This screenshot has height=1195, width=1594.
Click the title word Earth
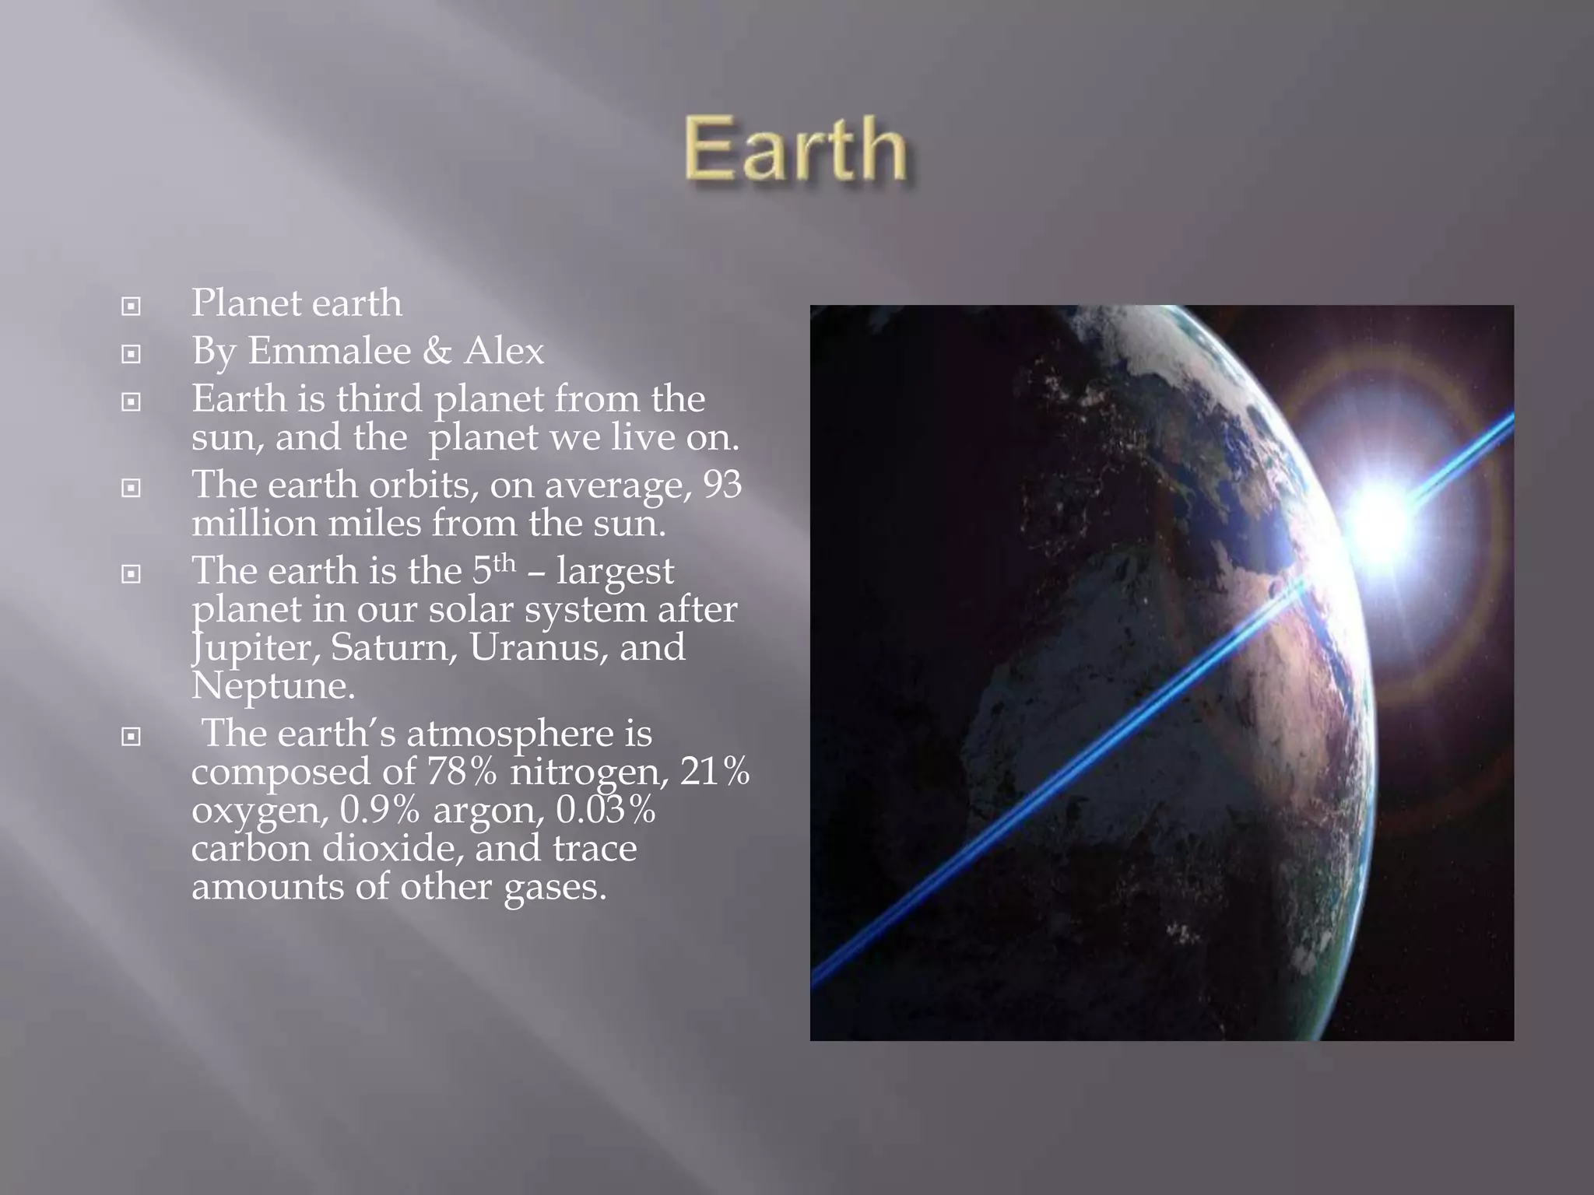click(795, 148)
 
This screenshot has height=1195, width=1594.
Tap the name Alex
click(504, 351)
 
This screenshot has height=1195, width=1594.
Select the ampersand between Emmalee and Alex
click(437, 351)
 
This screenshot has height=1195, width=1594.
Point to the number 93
click(722, 485)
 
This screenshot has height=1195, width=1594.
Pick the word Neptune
click(272, 686)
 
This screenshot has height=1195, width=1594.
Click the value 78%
click(461, 772)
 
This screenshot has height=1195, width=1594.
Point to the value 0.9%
click(379, 810)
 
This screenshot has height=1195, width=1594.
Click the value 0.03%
click(605, 810)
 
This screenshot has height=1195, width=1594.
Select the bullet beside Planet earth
click(132, 307)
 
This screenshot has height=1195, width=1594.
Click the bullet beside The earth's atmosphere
click(132, 736)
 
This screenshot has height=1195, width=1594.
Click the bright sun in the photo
click(1382, 517)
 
